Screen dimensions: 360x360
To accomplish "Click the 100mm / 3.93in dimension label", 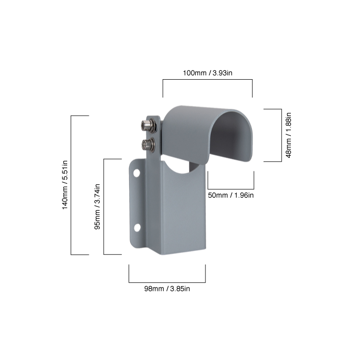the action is [207, 73].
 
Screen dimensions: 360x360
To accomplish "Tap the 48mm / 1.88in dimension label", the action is [288, 135].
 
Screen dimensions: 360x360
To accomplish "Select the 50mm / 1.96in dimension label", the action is [231, 195].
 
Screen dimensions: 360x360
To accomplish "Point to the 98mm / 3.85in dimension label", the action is [167, 288].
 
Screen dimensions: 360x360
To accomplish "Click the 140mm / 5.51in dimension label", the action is [65, 185].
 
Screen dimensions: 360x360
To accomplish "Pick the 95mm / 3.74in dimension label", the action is [97, 206].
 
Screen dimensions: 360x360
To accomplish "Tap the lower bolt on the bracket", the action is [148, 144].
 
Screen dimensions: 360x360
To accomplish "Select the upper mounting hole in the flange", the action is [137, 173].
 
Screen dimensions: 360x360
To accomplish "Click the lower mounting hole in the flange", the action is [137, 228].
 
